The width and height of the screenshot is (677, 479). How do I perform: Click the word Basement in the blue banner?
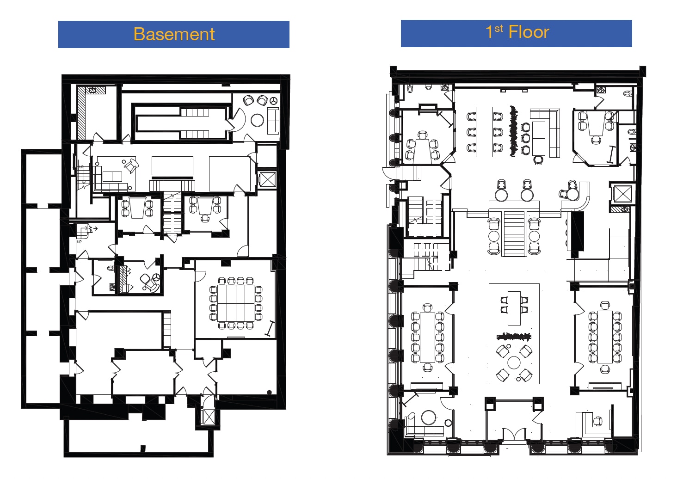point(174,34)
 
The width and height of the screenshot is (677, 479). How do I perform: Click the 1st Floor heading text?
point(517,32)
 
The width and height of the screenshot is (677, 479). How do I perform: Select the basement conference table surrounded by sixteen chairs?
point(236,303)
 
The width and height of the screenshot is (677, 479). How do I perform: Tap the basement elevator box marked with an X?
point(268,179)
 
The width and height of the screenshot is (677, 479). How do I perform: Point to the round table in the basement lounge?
point(257,120)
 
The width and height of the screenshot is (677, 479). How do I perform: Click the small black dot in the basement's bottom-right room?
point(269,393)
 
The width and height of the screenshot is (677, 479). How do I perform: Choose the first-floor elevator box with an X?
point(622,193)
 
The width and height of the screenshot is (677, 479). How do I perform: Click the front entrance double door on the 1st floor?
point(514,435)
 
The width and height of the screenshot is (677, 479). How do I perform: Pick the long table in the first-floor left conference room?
point(427,338)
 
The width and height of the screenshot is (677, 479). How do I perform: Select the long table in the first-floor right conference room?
point(605,337)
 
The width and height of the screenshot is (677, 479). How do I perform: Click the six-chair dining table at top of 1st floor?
point(484,132)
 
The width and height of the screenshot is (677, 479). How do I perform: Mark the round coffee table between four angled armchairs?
point(514,362)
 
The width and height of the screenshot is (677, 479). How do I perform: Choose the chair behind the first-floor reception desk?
point(598,421)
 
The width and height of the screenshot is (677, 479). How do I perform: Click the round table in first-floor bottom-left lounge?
point(429,418)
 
